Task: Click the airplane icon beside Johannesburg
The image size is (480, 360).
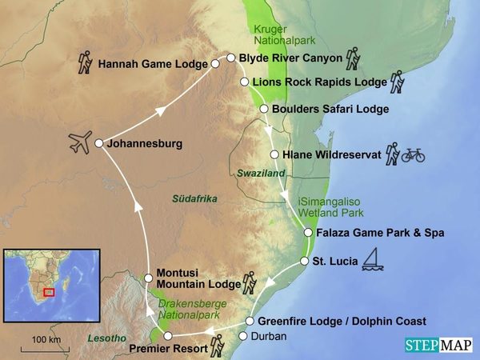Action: point(80,144)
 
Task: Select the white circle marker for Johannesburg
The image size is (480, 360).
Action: point(98,144)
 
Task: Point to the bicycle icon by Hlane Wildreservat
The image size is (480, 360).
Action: point(413,154)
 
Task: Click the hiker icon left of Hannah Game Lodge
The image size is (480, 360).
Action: point(85,62)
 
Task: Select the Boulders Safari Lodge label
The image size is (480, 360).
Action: point(330,109)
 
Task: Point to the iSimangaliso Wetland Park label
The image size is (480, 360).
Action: point(330,207)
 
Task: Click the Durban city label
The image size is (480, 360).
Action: point(268,336)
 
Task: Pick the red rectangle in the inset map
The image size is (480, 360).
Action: point(49,291)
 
